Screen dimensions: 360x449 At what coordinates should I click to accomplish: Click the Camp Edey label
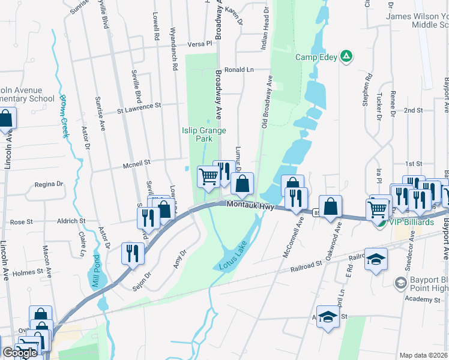(x=316, y=58)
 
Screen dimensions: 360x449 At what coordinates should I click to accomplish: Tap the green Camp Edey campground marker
(x=346, y=57)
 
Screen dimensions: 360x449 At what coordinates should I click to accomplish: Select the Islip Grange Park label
(x=197, y=134)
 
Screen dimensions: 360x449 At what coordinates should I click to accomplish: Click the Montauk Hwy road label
(x=250, y=206)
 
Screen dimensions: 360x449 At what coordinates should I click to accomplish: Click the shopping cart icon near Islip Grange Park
(x=208, y=176)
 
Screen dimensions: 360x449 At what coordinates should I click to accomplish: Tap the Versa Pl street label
(x=200, y=44)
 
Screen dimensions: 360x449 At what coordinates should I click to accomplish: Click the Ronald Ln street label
(x=239, y=70)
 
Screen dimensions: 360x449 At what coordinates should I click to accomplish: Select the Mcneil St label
(x=136, y=162)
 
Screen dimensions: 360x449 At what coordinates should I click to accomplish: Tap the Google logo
(x=20, y=353)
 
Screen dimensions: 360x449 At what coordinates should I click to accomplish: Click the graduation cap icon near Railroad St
(x=376, y=259)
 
